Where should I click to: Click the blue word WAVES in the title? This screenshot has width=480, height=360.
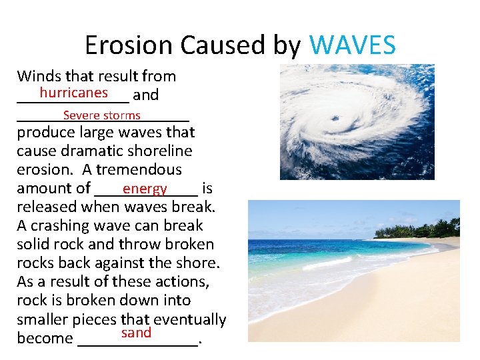353,45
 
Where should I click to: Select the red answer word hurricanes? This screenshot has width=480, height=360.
73,92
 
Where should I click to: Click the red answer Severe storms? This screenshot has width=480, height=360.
101,115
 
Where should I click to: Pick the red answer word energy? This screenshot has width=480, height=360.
145,189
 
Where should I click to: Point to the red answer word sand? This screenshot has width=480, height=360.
136,333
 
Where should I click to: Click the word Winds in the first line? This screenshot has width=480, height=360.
38,76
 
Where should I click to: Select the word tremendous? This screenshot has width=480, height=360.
139,169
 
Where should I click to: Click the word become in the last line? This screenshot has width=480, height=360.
45,338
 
